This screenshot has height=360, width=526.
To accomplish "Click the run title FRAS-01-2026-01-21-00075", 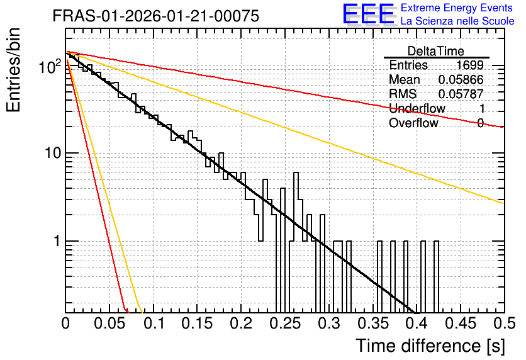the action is pos(156,16).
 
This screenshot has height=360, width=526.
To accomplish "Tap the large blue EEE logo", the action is pos(368,14).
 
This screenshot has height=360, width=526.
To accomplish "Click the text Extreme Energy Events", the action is pos(457,8).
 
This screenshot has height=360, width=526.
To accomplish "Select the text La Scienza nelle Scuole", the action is pos(457,21).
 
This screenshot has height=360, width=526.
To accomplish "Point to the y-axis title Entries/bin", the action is pos(13,70).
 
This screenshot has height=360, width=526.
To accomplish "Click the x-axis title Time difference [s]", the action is pos(430,346).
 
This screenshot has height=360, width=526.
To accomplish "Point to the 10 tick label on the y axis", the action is pos(53,154).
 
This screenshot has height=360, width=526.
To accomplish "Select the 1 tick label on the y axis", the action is pos(58,241).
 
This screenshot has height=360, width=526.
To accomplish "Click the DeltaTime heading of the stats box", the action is pos(436,51).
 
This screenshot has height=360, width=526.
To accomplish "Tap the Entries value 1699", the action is pos(470,65).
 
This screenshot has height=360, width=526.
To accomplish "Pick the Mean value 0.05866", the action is pos(461,79).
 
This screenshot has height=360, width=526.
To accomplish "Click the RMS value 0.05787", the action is pos(461,94).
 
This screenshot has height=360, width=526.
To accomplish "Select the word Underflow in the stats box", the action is pos(417,108).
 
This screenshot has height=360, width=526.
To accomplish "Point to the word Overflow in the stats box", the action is pos(413,123).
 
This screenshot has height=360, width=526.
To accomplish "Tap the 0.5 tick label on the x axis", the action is pos(504,323).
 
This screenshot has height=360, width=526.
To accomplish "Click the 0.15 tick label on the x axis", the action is pos(198,323).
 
